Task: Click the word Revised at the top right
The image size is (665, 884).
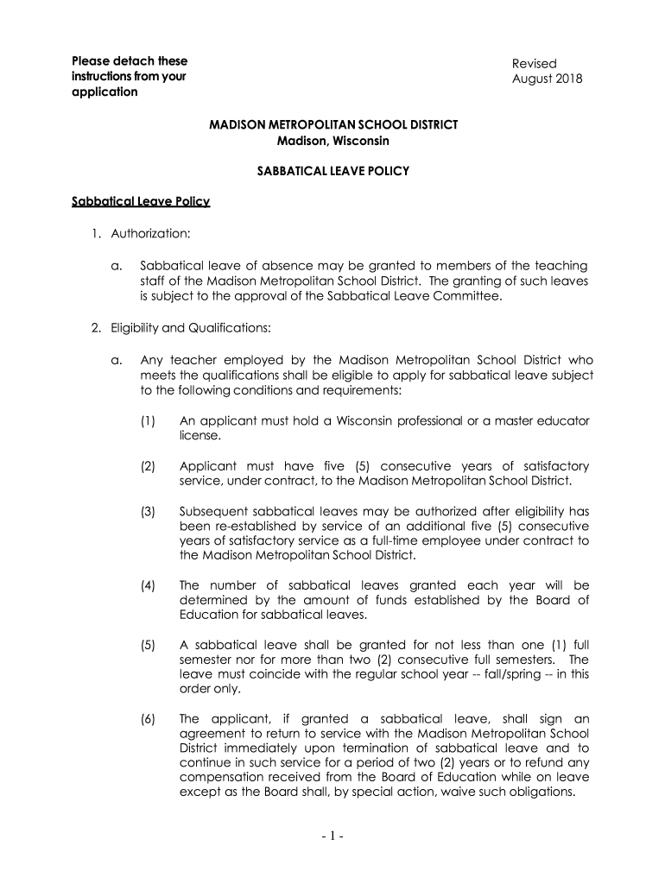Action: pyautogui.click(x=534, y=64)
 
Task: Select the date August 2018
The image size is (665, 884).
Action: pyautogui.click(x=548, y=79)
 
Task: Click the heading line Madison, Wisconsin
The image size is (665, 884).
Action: pyautogui.click(x=333, y=141)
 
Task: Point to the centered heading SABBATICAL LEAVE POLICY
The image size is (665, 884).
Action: pyautogui.click(x=333, y=172)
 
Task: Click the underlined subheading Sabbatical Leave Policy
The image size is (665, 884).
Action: pyautogui.click(x=141, y=202)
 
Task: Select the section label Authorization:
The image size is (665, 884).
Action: pyautogui.click(x=149, y=234)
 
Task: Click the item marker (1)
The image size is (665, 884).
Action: pyautogui.click(x=148, y=421)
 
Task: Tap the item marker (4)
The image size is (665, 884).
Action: pyautogui.click(x=148, y=585)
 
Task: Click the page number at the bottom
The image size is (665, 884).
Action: pyautogui.click(x=332, y=837)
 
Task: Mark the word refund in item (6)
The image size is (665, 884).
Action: pyautogui.click(x=547, y=765)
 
